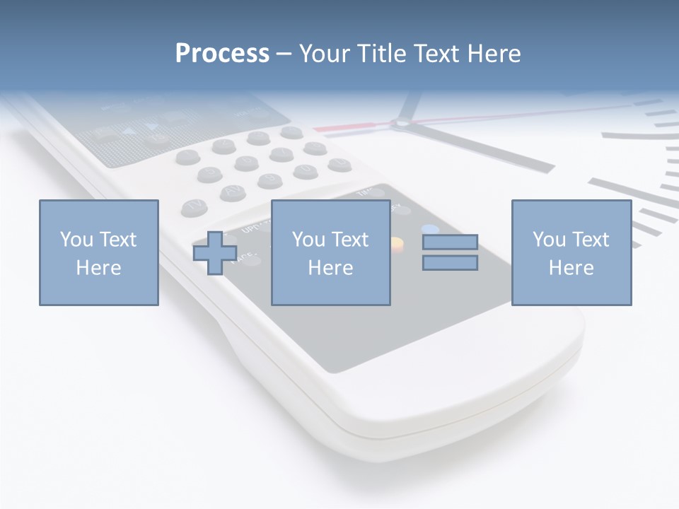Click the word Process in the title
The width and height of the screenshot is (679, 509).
(222, 54)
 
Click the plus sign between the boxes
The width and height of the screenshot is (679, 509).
(215, 253)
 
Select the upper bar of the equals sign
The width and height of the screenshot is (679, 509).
(450, 242)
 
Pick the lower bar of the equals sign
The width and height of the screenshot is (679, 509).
(450, 263)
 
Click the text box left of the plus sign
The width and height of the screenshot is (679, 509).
(98, 252)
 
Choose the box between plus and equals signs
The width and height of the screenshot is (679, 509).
(330, 252)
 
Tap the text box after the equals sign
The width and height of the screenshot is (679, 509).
(571, 252)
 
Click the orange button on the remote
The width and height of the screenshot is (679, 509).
(397, 244)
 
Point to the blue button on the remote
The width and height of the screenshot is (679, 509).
(429, 229)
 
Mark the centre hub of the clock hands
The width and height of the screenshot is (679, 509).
(401, 124)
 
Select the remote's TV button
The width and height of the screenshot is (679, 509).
(194, 206)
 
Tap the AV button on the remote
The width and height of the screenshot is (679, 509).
(231, 192)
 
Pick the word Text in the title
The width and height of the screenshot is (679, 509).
(434, 54)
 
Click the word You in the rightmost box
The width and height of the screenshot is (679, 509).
(549, 240)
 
